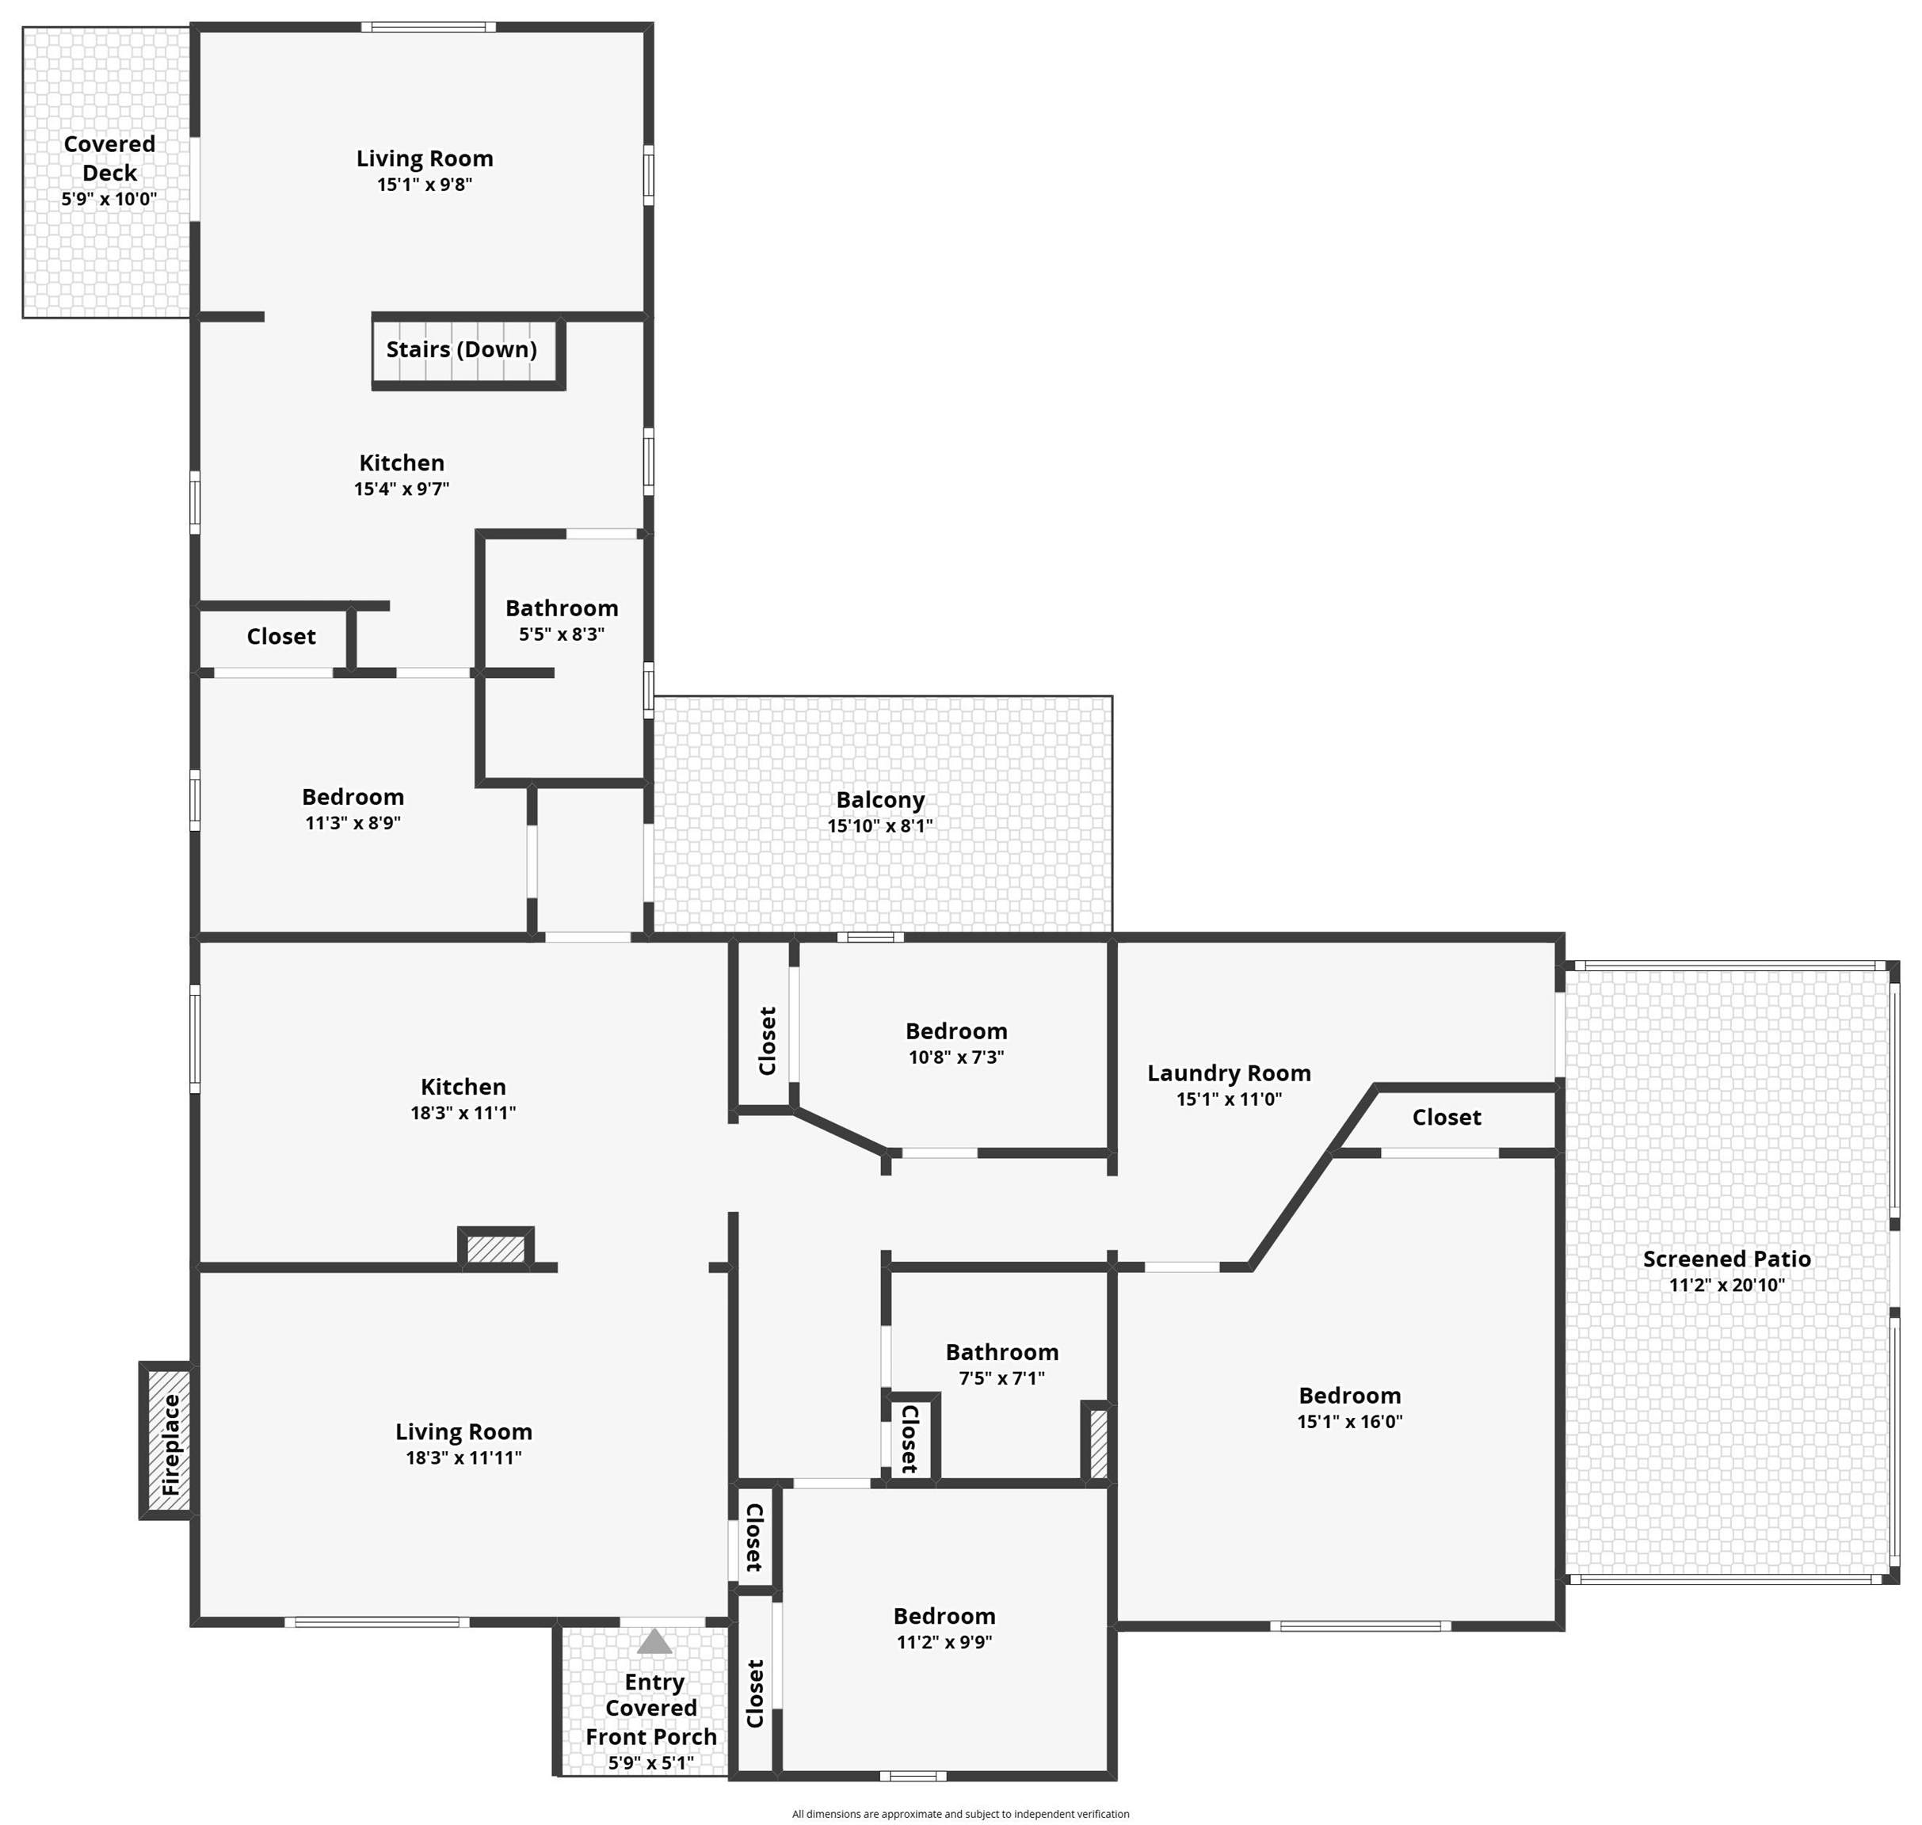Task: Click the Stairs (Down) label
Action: pyautogui.click(x=461, y=349)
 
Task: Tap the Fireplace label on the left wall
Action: pyautogui.click(x=171, y=1445)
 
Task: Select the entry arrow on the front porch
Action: pyautogui.click(x=654, y=1642)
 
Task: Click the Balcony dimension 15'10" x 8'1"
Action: pyautogui.click(x=879, y=826)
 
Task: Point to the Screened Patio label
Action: pyautogui.click(x=1726, y=1259)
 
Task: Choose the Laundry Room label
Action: pyautogui.click(x=1228, y=1073)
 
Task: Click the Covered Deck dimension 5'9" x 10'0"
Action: pyautogui.click(x=109, y=200)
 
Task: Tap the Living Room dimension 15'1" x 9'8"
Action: pyautogui.click(x=425, y=185)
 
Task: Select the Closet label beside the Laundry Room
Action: pyautogui.click(x=1446, y=1118)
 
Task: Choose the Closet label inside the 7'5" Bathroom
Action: pyautogui.click(x=909, y=1438)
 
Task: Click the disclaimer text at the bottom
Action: pyautogui.click(x=959, y=1813)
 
